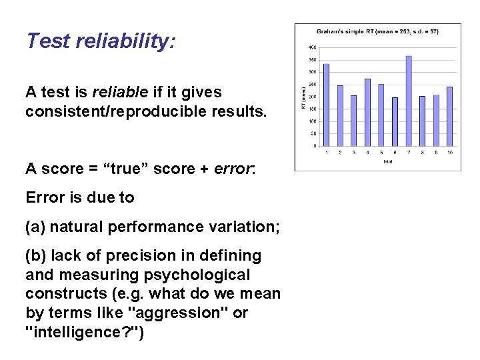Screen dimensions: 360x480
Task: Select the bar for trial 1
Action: (327, 105)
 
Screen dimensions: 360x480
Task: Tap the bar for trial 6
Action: (395, 122)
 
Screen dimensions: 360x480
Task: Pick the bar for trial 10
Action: (449, 117)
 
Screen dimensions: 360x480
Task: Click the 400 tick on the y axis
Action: (312, 48)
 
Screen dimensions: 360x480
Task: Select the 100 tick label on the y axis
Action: (312, 121)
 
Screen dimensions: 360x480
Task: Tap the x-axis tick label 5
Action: (381, 153)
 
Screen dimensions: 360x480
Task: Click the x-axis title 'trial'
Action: (387, 161)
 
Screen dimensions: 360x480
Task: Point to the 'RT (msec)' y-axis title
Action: (304, 97)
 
